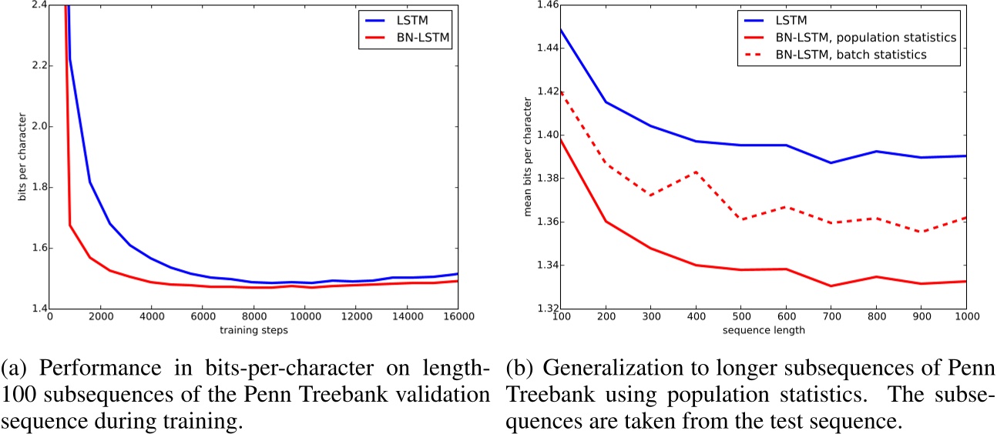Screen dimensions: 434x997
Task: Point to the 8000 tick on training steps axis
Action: point(253,316)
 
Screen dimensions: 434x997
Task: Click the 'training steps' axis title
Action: point(253,332)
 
